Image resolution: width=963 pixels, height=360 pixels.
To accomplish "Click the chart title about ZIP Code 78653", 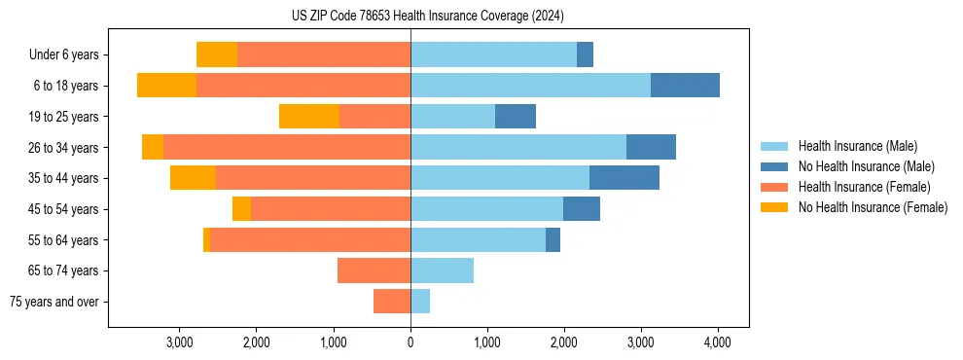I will pyautogui.click(x=427, y=16).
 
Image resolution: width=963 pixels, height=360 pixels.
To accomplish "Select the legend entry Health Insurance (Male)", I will pyautogui.click(x=857, y=146).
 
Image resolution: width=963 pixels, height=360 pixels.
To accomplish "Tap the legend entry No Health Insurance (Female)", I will pyautogui.click(x=873, y=207).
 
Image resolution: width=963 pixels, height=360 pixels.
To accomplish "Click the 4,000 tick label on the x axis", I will pyautogui.click(x=718, y=342).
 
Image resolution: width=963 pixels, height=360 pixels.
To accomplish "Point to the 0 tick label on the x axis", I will pyautogui.click(x=410, y=342).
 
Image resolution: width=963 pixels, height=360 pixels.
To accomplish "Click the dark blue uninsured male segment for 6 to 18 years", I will pyautogui.click(x=685, y=86).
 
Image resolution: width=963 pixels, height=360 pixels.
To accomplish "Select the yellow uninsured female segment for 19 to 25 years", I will pyautogui.click(x=308, y=117).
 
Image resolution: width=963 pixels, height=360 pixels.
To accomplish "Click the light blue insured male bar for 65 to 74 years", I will pyautogui.click(x=442, y=270).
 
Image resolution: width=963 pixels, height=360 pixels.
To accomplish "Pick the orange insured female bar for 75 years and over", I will pyautogui.click(x=392, y=302).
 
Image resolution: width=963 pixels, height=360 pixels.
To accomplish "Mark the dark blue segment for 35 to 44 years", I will pyautogui.click(x=624, y=178).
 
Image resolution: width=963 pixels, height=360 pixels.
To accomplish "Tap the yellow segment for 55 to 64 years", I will pyautogui.click(x=206, y=239).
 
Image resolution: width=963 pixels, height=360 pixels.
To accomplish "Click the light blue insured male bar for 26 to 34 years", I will pyautogui.click(x=518, y=147).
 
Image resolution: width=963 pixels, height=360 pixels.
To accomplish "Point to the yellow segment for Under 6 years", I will pyautogui.click(x=217, y=55).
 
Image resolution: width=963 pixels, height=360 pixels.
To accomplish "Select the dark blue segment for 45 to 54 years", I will pyautogui.click(x=582, y=209).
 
